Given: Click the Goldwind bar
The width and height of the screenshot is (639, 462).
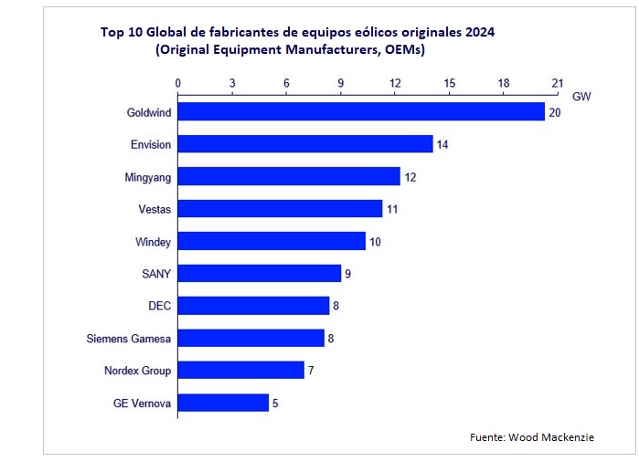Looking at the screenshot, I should tap(361, 112).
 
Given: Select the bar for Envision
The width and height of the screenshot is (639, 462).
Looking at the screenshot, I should tap(305, 144).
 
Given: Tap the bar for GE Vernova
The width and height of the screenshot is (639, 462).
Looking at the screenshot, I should tap(223, 403).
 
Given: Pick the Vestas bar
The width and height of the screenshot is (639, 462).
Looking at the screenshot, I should tap(280, 209).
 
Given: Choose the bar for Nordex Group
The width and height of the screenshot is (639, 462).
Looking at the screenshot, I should tap(240, 370).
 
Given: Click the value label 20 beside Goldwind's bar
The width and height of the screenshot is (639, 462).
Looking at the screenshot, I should tap(554, 112).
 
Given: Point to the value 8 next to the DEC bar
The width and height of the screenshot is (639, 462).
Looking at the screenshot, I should tap(335, 306).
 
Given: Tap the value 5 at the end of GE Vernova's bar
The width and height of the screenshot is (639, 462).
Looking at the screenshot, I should tap(275, 403).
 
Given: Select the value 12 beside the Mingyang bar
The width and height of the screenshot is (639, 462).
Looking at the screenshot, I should tap(410, 177).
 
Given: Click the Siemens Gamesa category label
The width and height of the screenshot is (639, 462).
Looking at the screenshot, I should tap(126, 339).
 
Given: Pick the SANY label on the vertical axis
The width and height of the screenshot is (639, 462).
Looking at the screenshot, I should tap(155, 274).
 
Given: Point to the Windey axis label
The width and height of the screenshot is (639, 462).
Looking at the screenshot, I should tap(154, 242).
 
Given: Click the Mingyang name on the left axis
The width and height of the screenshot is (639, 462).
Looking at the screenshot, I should tap(148, 177).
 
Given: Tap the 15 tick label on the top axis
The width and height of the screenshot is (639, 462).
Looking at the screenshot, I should tap(449, 83).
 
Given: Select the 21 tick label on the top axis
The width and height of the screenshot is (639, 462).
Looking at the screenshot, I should tap(558, 83).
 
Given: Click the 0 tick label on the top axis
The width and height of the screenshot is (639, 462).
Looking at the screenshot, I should tap(178, 83).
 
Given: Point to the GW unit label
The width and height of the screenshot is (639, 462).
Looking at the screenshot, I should tap(581, 96).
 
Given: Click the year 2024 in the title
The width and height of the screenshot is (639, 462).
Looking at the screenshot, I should tap(479, 33).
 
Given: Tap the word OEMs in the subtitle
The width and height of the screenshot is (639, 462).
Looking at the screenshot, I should tap(403, 49).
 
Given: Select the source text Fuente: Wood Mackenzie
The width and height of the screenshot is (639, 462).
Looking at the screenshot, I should tap(532, 437).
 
